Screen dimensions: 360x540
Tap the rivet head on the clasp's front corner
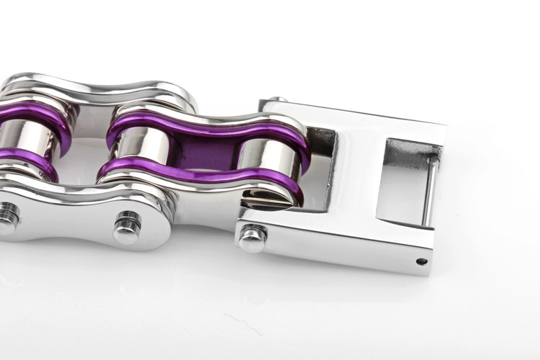(x=251, y=238)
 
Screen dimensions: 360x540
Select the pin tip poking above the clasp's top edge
(x=281, y=99)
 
